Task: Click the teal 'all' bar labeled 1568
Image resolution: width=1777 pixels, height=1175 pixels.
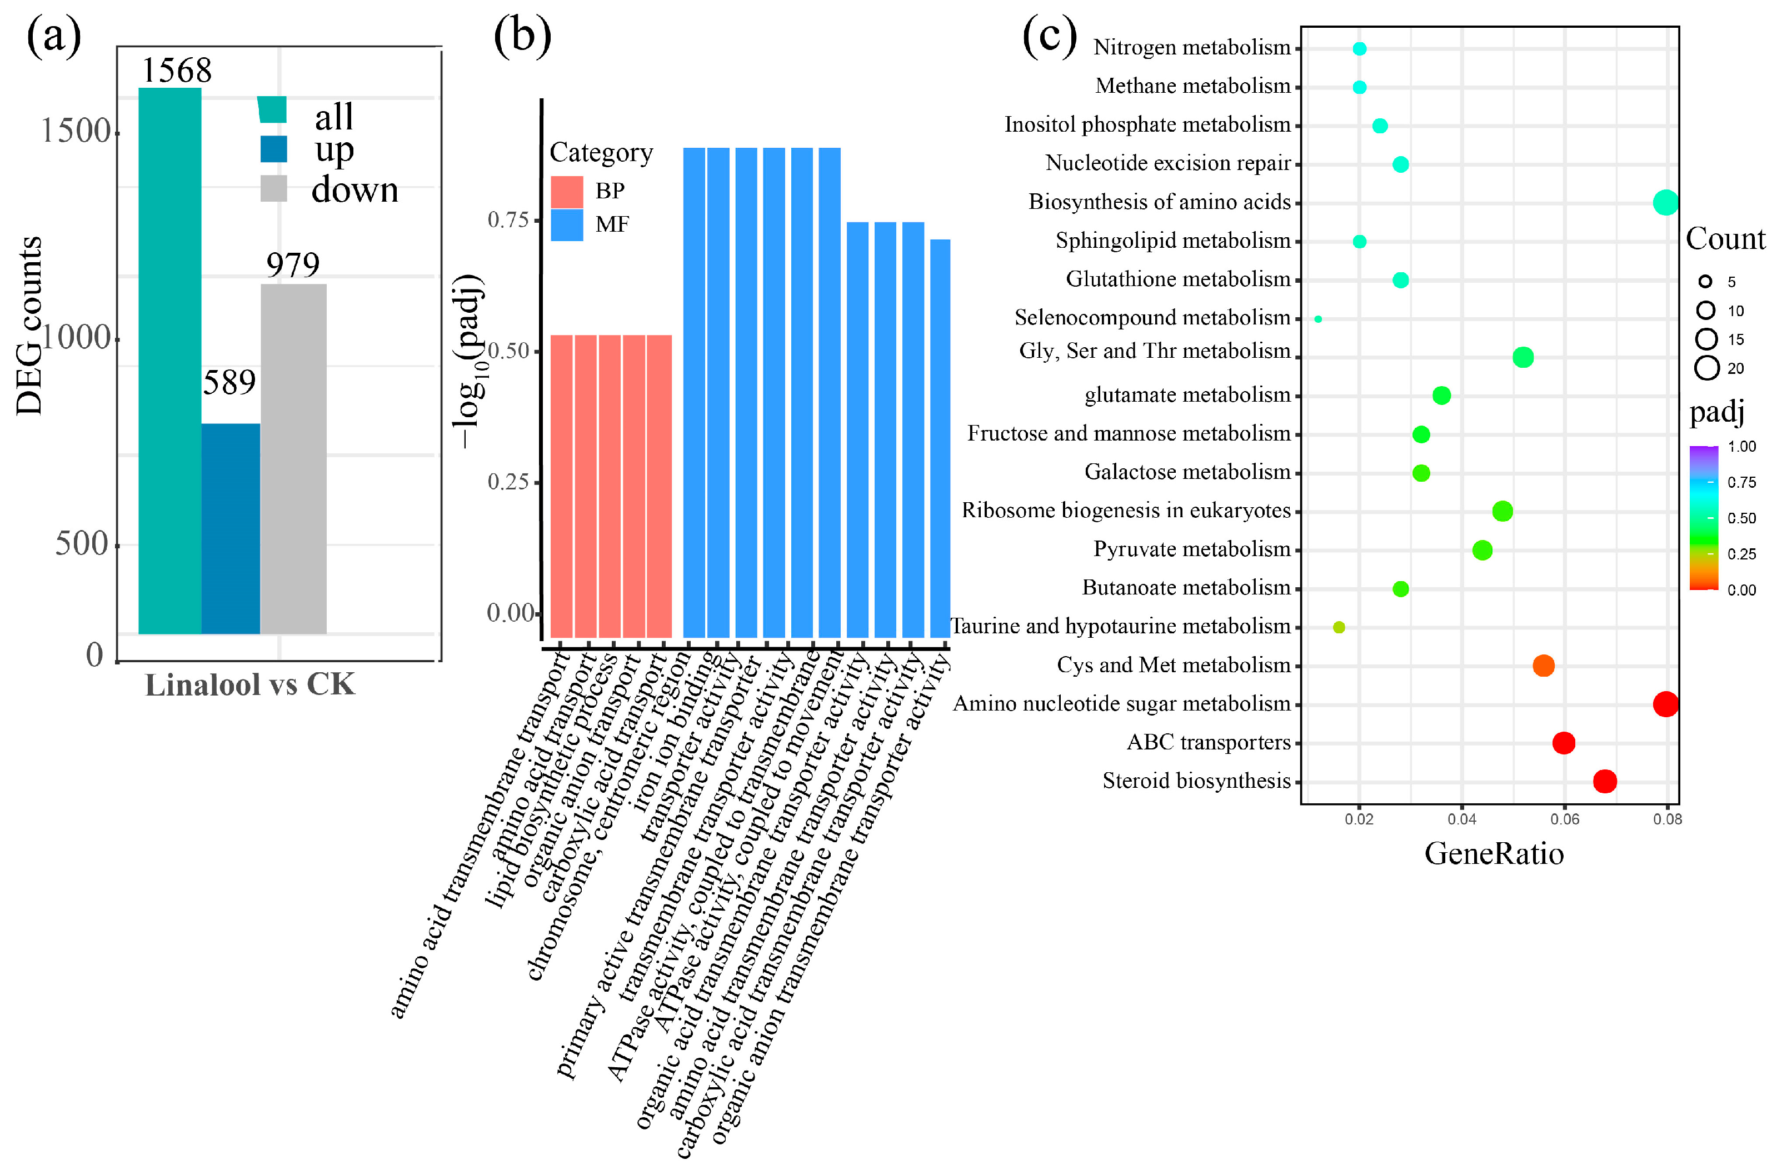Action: [x=169, y=359]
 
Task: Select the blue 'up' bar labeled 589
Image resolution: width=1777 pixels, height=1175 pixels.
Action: [x=231, y=528]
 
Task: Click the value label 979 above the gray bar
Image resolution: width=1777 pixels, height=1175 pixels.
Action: [x=293, y=264]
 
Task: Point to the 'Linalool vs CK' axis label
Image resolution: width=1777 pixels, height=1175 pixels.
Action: [x=249, y=685]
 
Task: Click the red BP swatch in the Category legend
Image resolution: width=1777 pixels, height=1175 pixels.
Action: [x=567, y=192]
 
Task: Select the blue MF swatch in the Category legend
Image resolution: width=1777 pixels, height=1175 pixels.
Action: [x=567, y=225]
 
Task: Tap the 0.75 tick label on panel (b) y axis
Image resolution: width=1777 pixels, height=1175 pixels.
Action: [x=508, y=219]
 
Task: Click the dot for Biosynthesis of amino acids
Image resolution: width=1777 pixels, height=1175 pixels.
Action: [x=1665, y=202]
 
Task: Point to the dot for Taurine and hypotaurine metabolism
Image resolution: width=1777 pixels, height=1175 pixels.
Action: [x=1339, y=627]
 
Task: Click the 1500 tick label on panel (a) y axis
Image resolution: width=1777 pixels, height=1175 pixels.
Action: [x=75, y=131]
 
